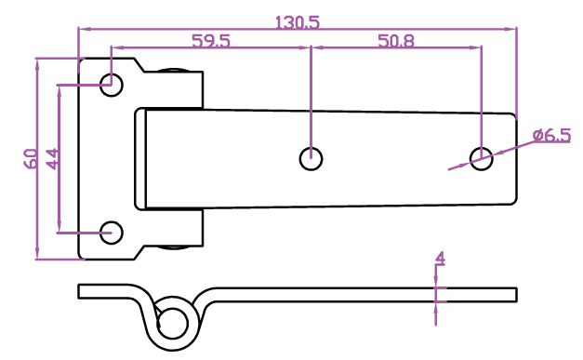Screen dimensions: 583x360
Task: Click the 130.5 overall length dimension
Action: coord(297,22)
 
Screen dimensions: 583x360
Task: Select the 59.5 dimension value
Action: coord(211,41)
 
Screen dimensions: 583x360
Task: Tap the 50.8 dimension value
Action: coord(395,41)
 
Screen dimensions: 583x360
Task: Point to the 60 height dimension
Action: coord(31,159)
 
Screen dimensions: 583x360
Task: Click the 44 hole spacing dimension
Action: coord(52,159)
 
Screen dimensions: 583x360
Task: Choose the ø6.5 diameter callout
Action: coord(551,135)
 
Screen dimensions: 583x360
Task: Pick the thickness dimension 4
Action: coord(440,258)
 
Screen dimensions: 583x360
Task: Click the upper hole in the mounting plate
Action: coord(112,85)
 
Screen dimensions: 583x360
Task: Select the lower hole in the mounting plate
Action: coord(112,233)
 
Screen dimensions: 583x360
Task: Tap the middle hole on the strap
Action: coord(311,159)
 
